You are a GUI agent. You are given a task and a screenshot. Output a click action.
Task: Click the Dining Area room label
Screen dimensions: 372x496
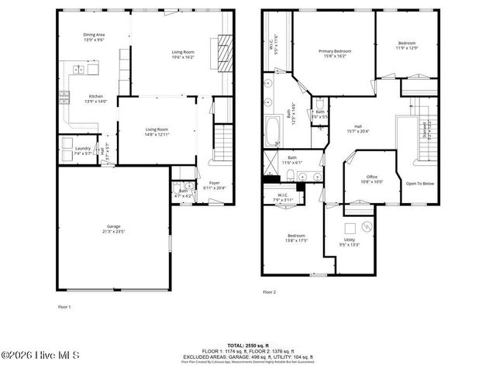point(95,37)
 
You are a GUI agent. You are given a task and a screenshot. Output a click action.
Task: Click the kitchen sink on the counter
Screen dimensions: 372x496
point(80,70)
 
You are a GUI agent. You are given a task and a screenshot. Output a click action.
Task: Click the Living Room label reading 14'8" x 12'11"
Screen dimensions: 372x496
point(157,132)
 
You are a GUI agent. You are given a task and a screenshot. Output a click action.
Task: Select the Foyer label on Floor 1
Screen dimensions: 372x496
point(215,184)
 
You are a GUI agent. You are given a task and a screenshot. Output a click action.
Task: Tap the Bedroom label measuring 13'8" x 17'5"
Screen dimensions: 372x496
point(296,238)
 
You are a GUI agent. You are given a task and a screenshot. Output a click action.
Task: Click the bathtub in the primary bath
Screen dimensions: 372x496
point(274,130)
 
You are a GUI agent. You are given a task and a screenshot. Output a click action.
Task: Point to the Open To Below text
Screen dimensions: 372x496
point(420,184)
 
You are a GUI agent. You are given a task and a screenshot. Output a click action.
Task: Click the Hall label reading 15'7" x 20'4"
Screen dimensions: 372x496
point(358,129)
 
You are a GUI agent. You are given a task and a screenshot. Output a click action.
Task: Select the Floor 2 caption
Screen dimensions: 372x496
point(269,291)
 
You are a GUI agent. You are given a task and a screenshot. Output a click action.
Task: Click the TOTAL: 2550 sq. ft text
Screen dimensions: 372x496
point(248,345)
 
